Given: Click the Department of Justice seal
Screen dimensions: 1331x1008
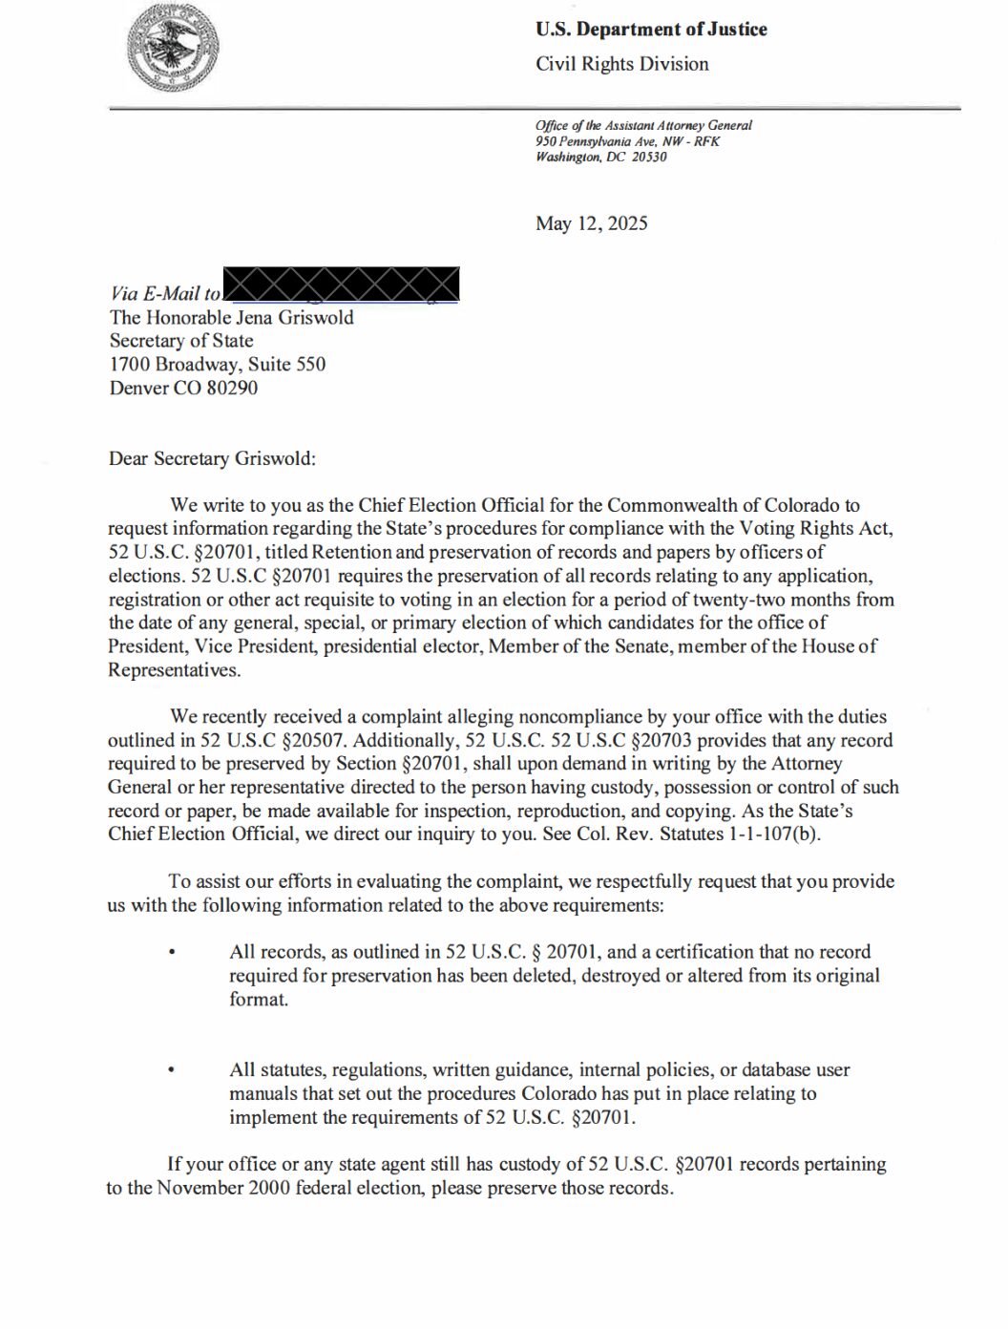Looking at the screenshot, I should click(x=173, y=48).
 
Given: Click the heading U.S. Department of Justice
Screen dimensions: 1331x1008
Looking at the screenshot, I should click(x=651, y=30).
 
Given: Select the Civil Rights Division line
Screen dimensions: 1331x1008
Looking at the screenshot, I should click(x=621, y=64).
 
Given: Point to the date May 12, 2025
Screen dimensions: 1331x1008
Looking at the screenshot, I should click(x=591, y=223).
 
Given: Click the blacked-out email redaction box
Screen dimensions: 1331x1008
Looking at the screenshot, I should click(x=341, y=285).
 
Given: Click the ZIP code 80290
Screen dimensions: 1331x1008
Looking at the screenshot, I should click(x=232, y=388).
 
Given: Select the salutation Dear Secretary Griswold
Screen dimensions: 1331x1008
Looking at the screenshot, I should click(x=212, y=458).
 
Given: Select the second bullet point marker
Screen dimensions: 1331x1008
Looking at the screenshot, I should click(x=171, y=1071).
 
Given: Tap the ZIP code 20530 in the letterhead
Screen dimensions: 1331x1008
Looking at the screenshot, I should click(x=649, y=157).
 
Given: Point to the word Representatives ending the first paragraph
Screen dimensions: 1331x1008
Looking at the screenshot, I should click(x=173, y=670).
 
